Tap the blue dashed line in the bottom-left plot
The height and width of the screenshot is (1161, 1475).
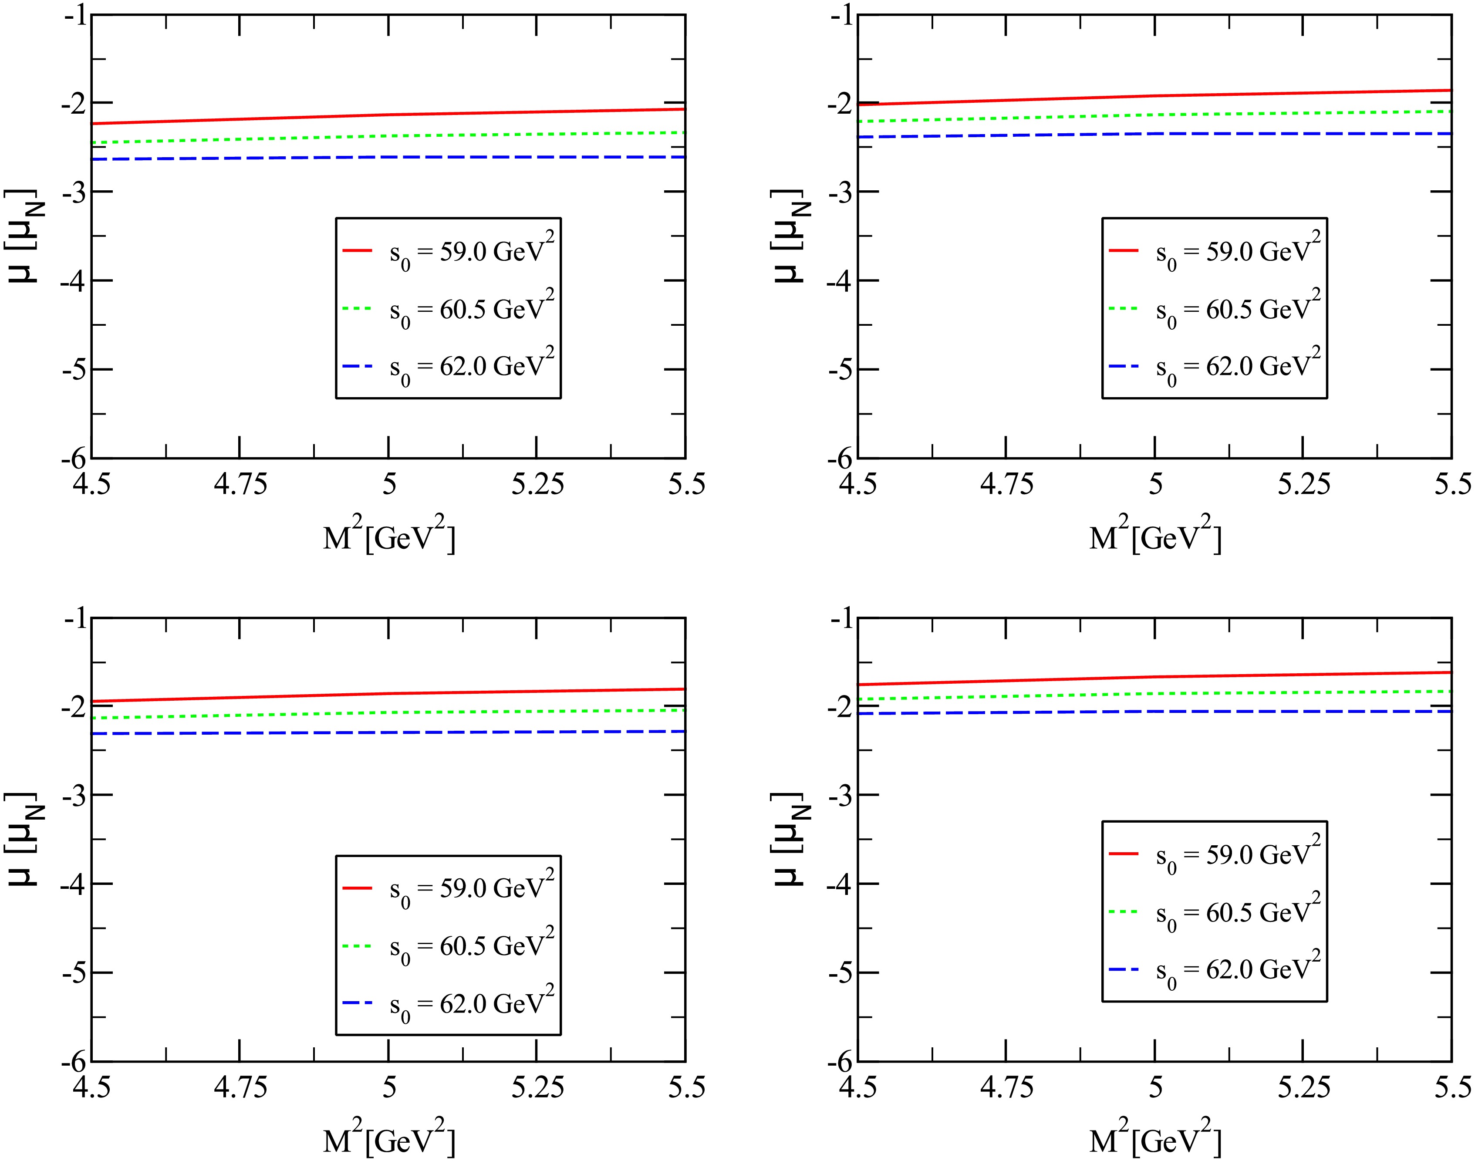(388, 732)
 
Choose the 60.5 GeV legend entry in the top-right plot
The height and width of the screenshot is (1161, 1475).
(1238, 310)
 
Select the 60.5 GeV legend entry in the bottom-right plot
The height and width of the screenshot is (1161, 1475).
(1238, 913)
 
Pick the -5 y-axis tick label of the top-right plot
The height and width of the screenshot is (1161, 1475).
(840, 369)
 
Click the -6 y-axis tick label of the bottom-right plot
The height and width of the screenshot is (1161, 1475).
(840, 1061)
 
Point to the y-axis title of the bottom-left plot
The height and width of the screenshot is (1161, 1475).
(24, 839)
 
